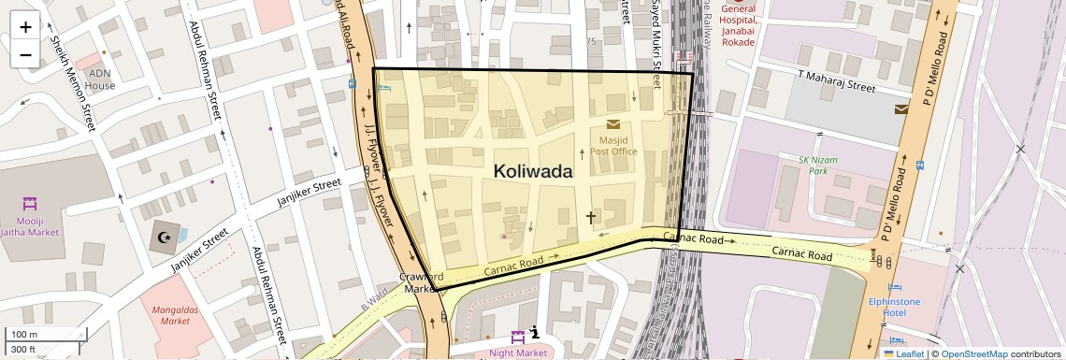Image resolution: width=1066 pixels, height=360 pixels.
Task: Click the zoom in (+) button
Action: (25, 27)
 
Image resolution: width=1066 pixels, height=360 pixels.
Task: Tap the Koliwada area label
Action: (532, 172)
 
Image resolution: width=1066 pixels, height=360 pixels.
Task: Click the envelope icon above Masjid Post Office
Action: (612, 123)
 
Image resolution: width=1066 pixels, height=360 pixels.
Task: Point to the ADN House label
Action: (100, 79)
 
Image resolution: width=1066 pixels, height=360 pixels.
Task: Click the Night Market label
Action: (518, 353)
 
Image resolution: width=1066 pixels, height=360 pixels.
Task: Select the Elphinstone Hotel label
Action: (894, 308)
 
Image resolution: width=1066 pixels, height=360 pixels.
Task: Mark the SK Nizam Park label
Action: (817, 166)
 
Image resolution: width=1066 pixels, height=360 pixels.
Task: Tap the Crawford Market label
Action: (420, 282)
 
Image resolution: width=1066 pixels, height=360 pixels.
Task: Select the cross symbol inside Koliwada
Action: (590, 217)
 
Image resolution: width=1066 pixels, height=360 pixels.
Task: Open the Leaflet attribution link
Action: (903, 353)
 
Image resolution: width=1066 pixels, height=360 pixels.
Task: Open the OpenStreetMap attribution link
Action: (973, 353)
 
